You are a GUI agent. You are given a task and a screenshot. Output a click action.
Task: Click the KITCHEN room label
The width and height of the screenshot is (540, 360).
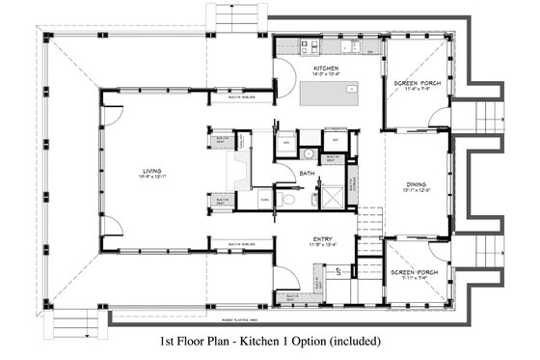[x=323, y=69]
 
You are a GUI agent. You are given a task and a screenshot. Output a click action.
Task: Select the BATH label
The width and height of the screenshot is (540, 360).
[x=307, y=174]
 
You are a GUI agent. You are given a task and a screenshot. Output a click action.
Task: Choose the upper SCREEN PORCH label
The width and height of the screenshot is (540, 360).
[x=417, y=83]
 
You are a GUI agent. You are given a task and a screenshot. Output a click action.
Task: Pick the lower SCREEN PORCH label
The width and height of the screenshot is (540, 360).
[x=417, y=273]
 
